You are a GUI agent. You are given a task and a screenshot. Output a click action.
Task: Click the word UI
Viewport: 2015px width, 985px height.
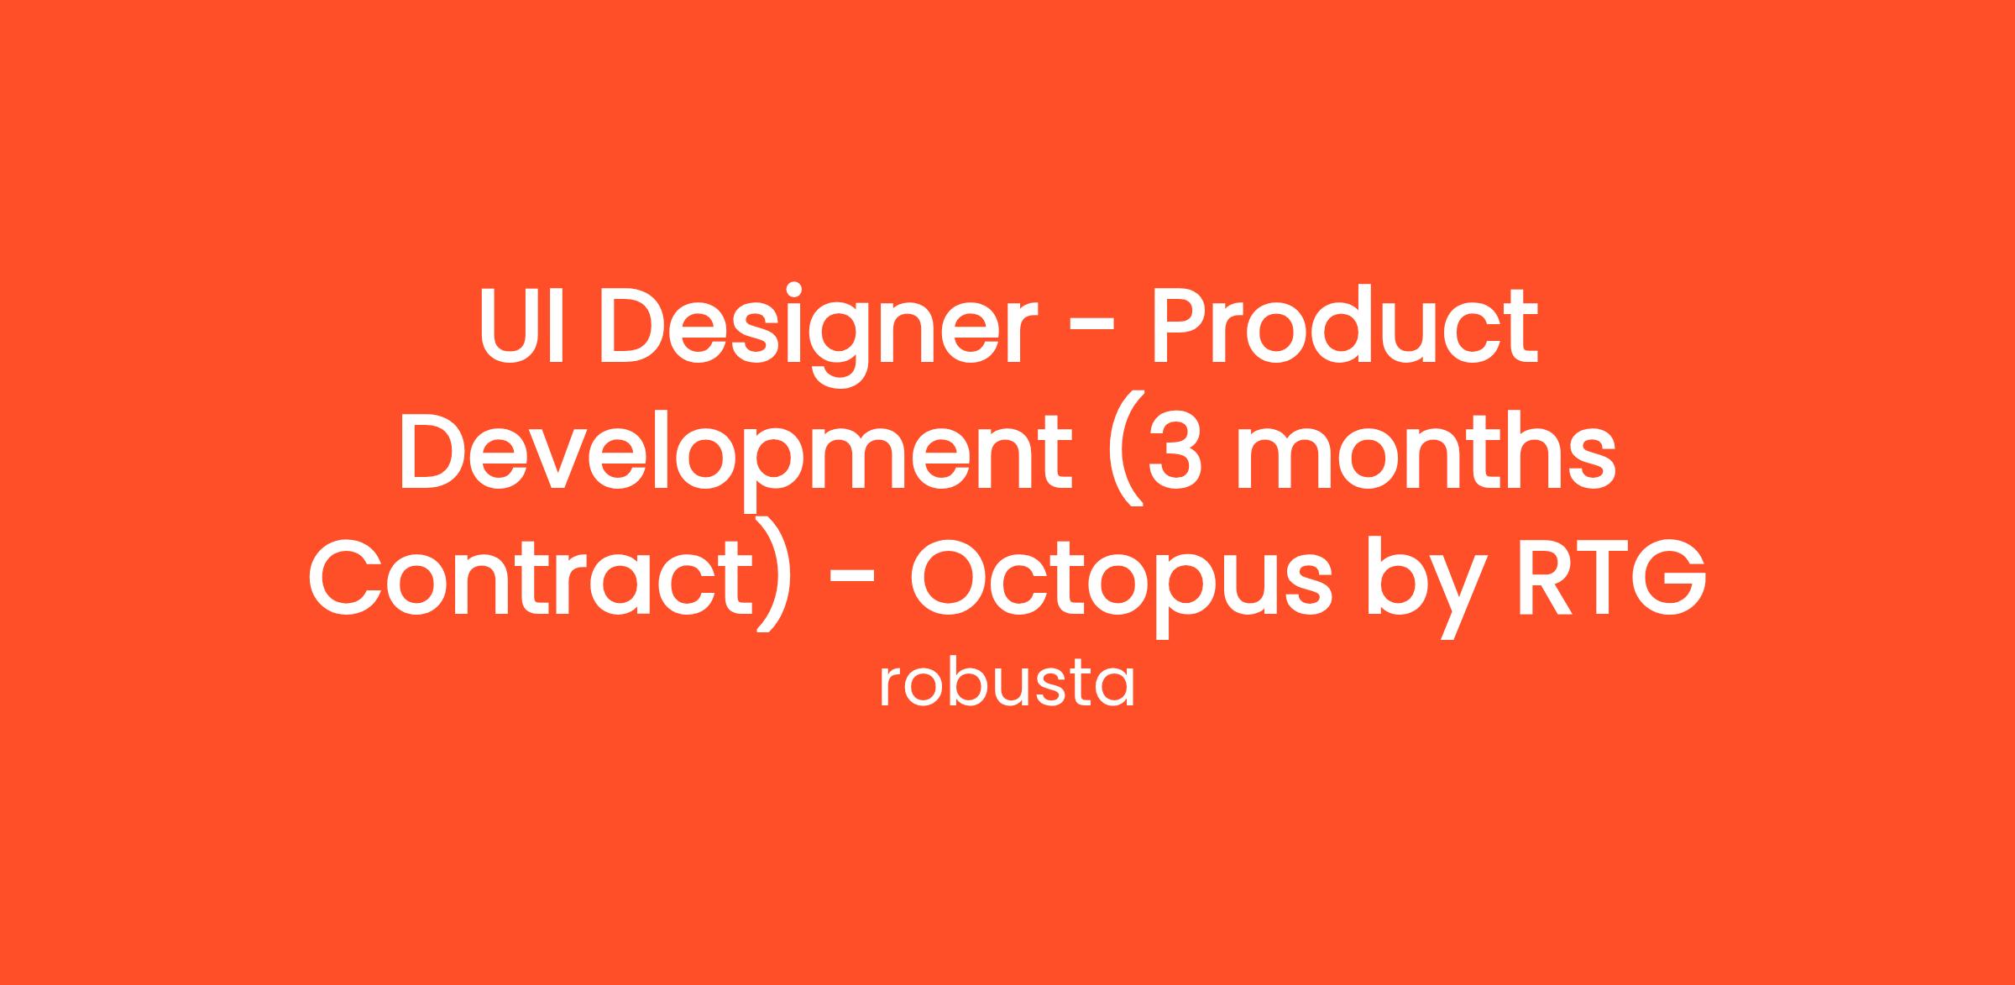click(x=521, y=326)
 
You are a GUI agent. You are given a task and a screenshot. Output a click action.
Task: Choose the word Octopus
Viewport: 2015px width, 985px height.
click(x=1121, y=586)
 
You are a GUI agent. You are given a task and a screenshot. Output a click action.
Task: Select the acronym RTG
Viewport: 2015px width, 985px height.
click(x=1609, y=577)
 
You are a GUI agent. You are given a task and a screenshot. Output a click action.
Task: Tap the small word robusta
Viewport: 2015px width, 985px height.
click(x=1007, y=685)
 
